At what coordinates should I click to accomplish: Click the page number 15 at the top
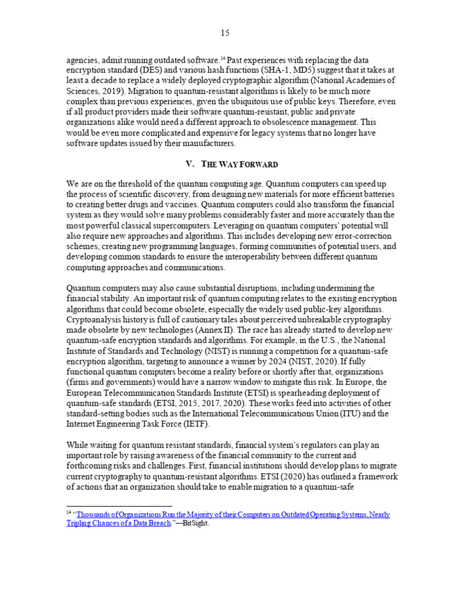[225, 33]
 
